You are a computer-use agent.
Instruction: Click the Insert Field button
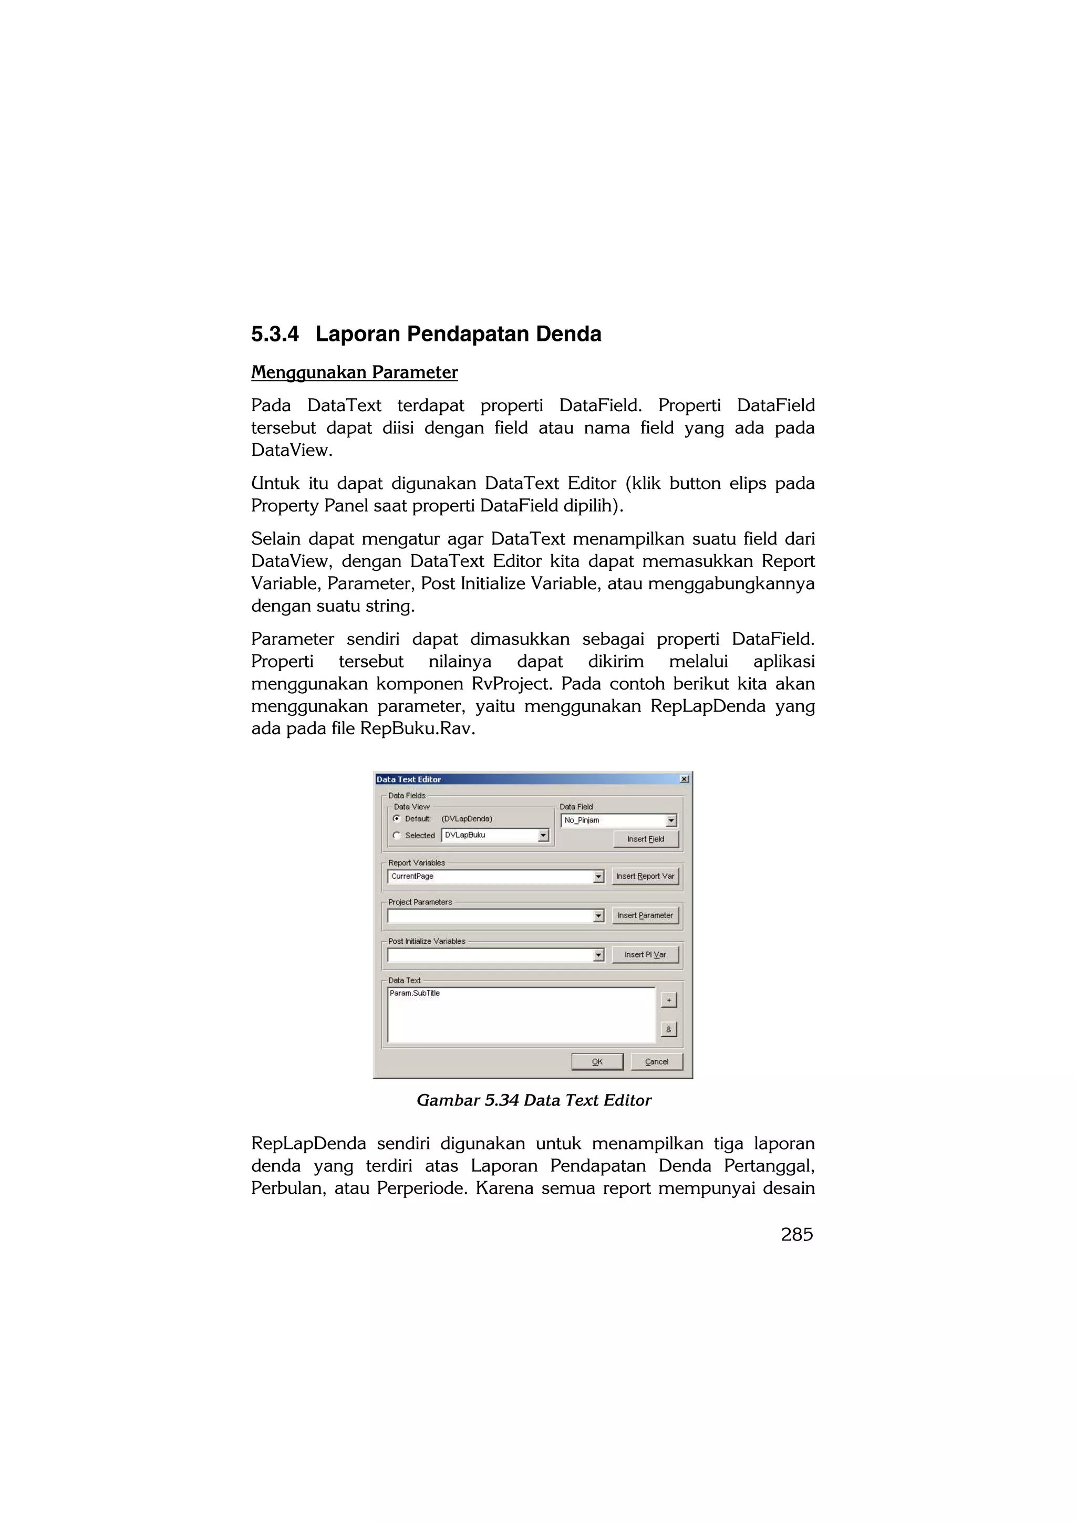[645, 839]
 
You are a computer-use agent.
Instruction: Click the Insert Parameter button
[645, 915]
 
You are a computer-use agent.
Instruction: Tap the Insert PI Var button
[645, 955]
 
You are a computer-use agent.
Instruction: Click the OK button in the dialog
[597, 1061]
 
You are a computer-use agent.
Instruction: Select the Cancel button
[656, 1061]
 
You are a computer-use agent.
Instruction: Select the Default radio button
[397, 819]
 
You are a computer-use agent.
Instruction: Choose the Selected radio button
[397, 835]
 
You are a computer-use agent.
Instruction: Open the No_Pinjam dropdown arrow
[671, 821]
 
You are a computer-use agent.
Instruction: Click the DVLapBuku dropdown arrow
[543, 835]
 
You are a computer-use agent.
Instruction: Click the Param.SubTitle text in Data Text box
[415, 993]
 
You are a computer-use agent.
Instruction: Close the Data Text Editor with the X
[684, 779]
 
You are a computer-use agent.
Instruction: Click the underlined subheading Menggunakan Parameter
[354, 372]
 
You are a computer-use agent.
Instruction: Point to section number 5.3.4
[274, 334]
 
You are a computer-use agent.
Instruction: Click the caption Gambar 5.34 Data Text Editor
[534, 1100]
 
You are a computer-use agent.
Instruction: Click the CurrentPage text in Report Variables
[412, 877]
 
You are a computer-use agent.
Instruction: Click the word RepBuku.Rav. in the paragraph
[417, 728]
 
